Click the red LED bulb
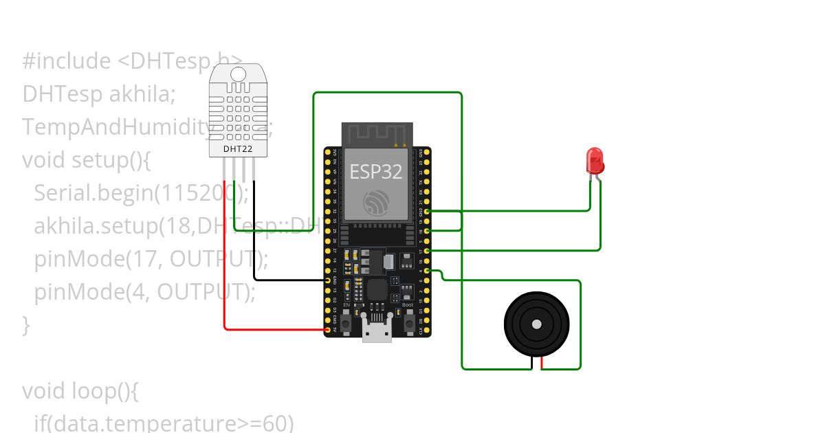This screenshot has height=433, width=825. tap(595, 161)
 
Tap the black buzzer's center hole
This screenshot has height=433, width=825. tap(537, 324)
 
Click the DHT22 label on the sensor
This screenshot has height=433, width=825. tap(238, 148)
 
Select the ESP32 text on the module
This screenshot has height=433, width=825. tap(376, 171)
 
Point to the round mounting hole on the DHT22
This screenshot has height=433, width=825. tap(238, 74)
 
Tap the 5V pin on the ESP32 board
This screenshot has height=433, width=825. tap(327, 330)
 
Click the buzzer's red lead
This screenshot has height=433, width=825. tap(542, 364)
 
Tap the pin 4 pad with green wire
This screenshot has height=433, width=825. tap(428, 271)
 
